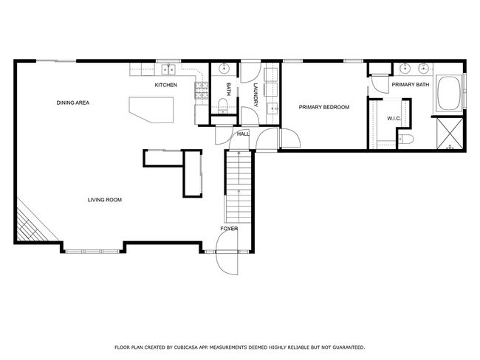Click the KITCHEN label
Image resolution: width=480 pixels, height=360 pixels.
(165, 85)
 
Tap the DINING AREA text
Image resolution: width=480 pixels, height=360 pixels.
(73, 103)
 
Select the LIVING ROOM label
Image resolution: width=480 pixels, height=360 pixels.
(105, 200)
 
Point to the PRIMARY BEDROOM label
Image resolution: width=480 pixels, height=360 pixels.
(324, 107)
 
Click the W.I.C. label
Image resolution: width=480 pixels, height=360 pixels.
(394, 118)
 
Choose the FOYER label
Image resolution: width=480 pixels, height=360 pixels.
(229, 229)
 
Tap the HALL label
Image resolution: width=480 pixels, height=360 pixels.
(244, 134)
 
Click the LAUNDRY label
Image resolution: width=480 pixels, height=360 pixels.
(256, 95)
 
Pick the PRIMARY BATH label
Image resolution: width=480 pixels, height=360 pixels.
(411, 84)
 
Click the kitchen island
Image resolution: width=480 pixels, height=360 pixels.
(151, 109)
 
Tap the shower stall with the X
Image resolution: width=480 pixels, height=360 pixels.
(450, 134)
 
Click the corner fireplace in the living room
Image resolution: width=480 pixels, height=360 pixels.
(30, 224)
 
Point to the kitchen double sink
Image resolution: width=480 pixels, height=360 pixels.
(168, 70)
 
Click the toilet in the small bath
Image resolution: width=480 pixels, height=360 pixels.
(223, 105)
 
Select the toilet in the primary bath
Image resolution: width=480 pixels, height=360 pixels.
(406, 139)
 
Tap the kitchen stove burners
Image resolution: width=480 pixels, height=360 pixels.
(201, 91)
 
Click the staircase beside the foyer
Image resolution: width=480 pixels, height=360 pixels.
(238, 187)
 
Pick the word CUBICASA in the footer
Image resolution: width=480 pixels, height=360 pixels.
(185, 347)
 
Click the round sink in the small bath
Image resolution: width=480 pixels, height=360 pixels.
(224, 69)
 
